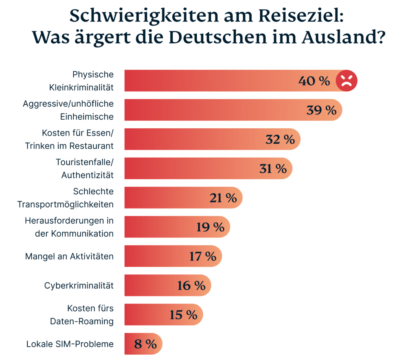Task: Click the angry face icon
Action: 346,81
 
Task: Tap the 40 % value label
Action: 314,81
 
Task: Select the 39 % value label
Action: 321,110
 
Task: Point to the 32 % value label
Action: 280,139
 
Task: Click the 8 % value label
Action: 145,344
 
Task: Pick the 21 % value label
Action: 223,198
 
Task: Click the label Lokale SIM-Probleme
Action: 70,344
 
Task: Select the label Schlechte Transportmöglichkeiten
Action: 65,198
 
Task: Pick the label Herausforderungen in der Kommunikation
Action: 69,227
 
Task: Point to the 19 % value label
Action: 210,227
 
